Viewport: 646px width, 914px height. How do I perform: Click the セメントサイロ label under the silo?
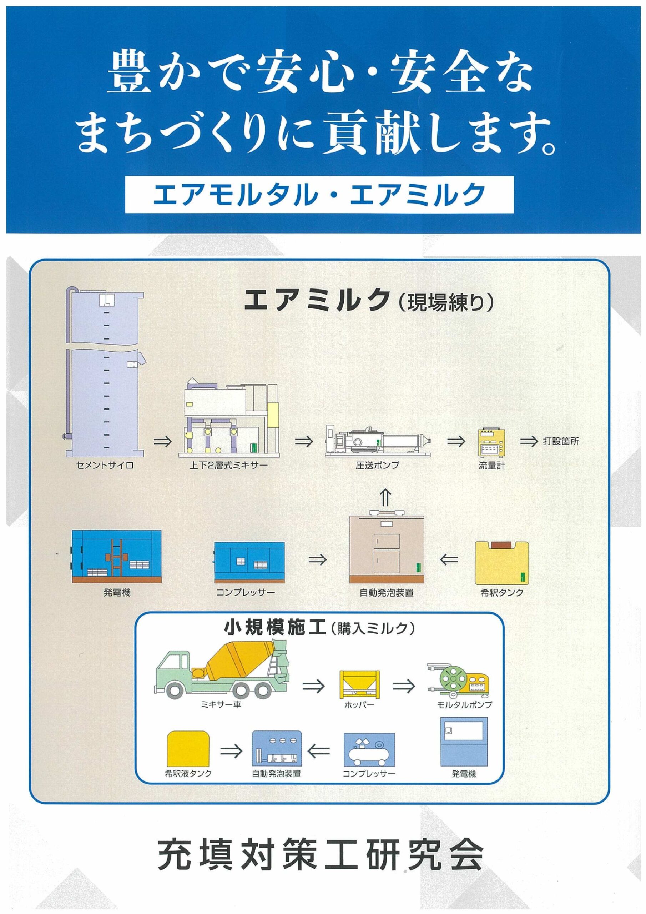(x=104, y=465)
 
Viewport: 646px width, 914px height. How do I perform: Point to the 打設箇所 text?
(x=561, y=442)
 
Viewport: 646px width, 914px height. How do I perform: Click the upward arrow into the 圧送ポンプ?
(x=387, y=498)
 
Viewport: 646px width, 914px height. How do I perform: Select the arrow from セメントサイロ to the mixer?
(x=162, y=442)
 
